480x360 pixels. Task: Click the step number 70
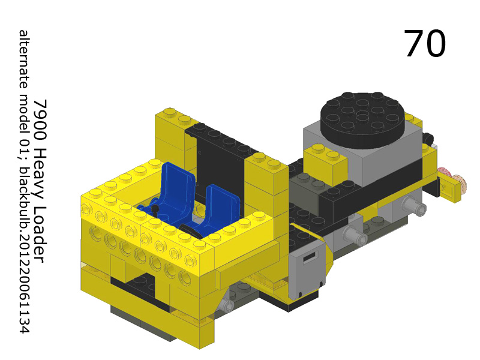425,44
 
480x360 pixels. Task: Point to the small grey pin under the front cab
226,306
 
